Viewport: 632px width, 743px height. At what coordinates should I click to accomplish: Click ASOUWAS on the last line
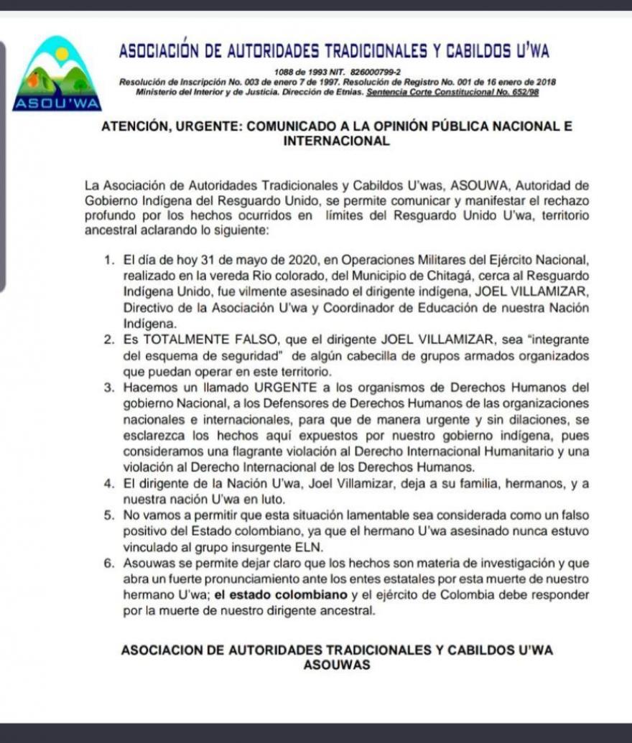point(337,665)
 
